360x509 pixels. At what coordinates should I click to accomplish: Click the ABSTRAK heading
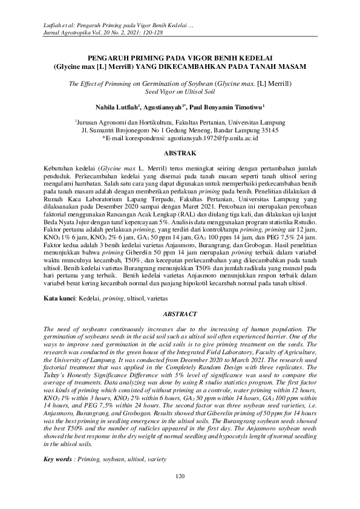point(180,154)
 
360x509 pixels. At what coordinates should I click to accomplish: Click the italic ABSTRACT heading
point(180,314)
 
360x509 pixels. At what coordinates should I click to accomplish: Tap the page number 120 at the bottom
point(180,494)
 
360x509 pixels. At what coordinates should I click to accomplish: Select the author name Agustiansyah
point(168,107)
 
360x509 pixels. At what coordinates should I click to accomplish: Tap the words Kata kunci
point(59,299)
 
